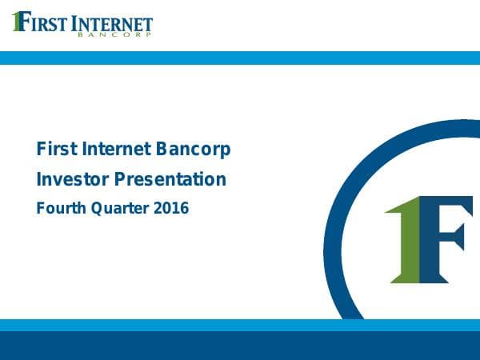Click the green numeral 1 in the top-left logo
coord(17,22)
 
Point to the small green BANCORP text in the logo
coord(112,36)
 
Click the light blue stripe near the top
coord(240,58)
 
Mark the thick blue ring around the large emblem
coord(336,240)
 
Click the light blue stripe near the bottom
coord(240,325)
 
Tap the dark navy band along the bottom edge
coord(240,346)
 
